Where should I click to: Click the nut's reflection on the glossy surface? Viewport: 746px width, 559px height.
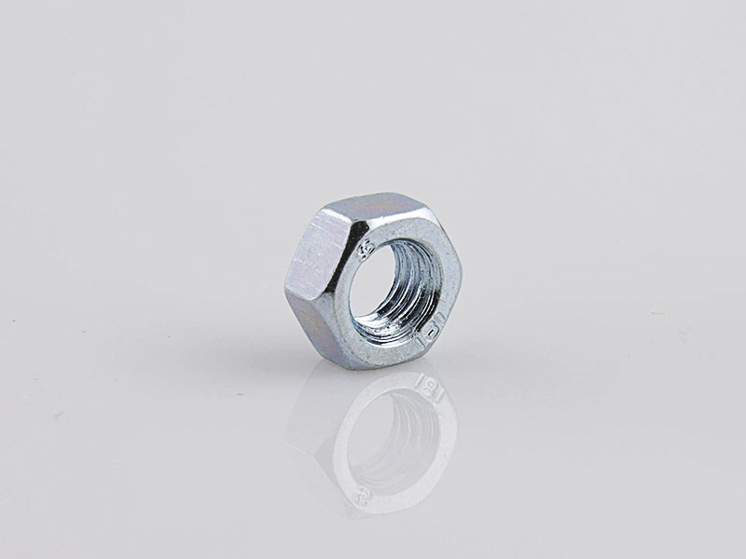coord(382,438)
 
